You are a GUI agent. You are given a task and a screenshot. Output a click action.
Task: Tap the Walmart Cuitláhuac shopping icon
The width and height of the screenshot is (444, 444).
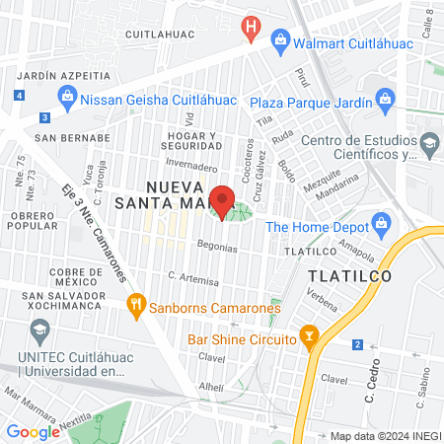(280, 39)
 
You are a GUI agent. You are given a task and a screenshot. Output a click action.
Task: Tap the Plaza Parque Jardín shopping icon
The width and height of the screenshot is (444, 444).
(384, 100)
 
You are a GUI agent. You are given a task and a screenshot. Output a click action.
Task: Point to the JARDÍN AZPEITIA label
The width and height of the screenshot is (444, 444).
(64, 75)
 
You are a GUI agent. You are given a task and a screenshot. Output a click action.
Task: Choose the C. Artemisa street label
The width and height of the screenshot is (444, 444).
(191, 279)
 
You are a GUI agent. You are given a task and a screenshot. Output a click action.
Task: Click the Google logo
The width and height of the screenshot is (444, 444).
(33, 431)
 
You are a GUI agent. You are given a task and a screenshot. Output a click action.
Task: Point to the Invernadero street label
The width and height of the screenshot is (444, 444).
(192, 168)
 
